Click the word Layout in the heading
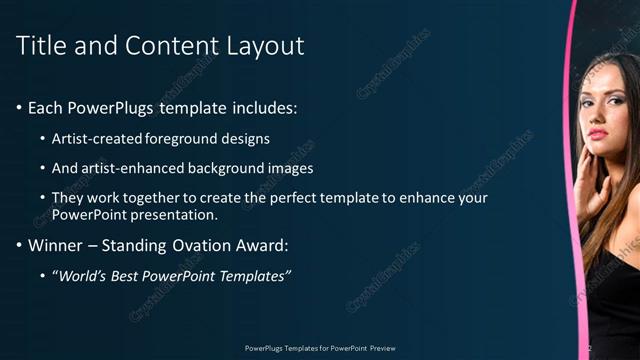264,45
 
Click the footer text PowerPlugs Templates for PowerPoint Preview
320,348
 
